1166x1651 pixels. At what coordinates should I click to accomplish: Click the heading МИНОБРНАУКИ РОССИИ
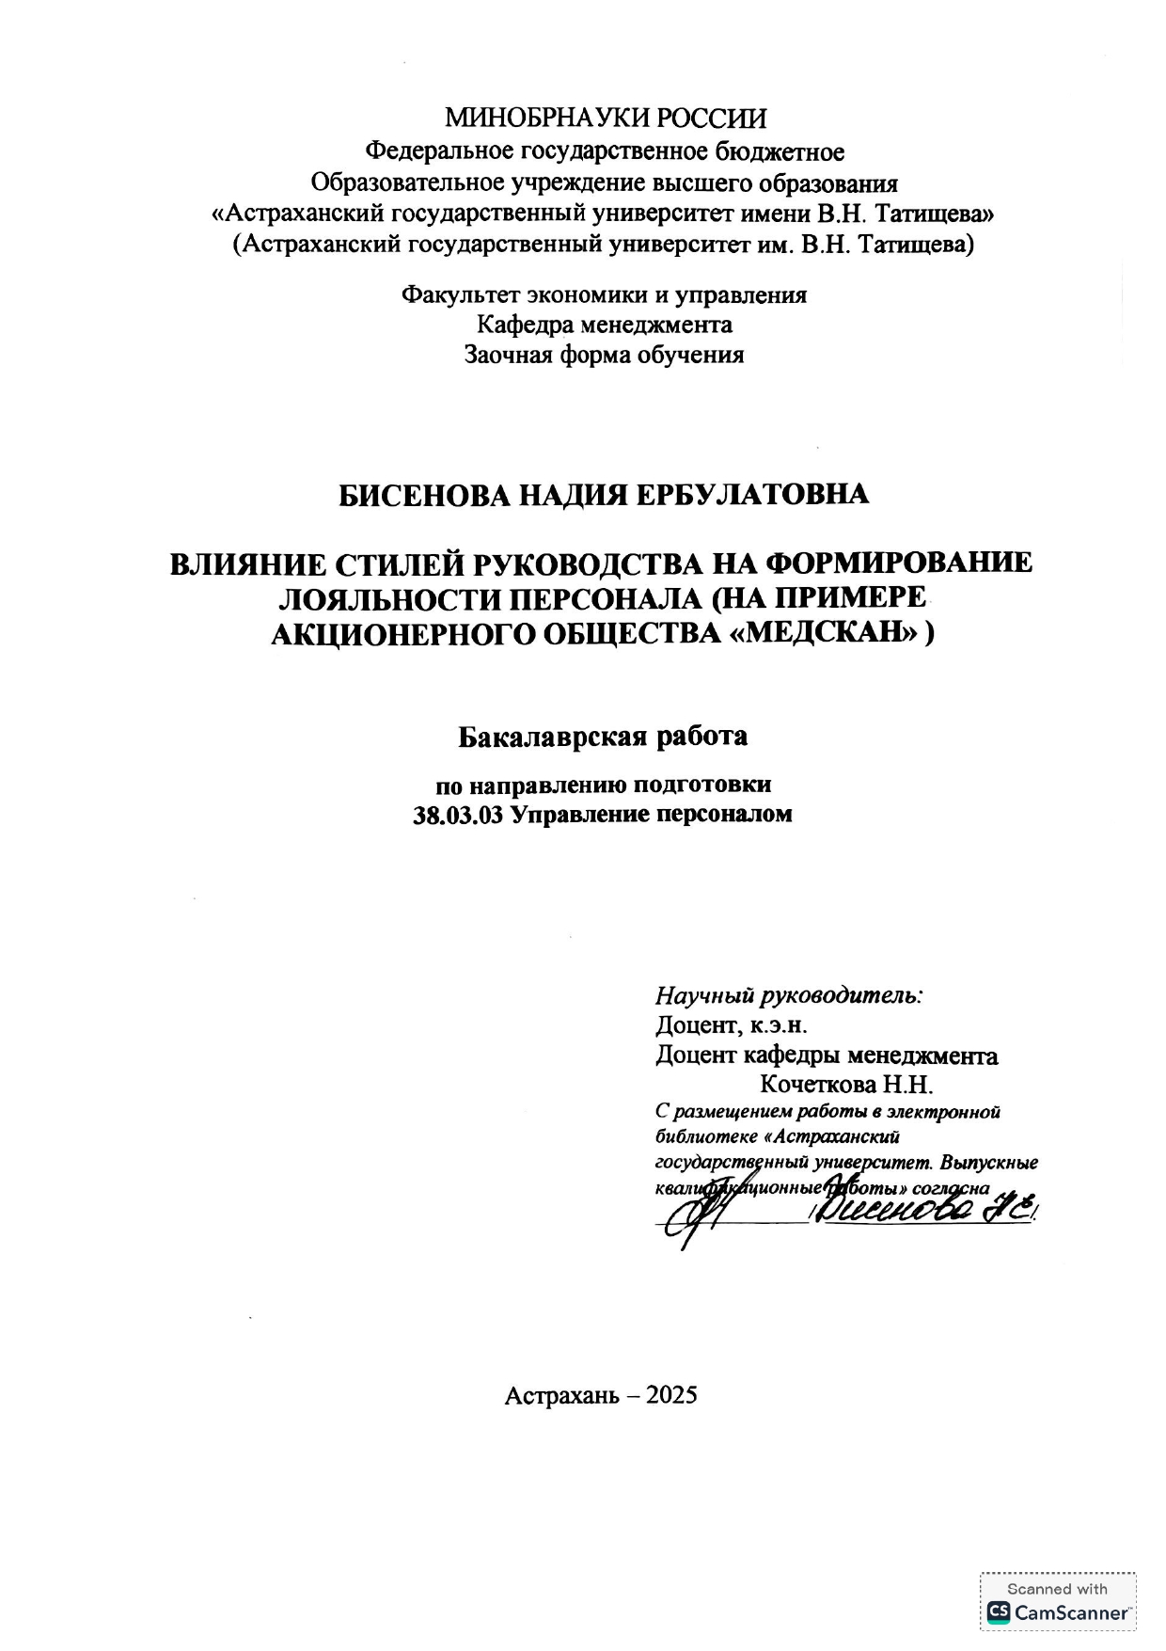coord(605,119)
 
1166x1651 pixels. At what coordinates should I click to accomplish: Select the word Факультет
coord(459,294)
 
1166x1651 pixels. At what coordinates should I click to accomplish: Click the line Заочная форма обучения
coord(604,355)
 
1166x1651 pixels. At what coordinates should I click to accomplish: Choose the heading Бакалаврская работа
coord(603,736)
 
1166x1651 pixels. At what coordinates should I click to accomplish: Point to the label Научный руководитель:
coord(788,994)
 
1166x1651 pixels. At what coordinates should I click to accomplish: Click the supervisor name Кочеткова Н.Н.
coord(845,1084)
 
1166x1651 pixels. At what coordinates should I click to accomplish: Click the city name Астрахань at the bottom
coord(560,1394)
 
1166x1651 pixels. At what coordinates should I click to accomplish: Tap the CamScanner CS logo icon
coord(997,1612)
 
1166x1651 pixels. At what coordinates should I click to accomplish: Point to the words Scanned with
coord(1057,1589)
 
